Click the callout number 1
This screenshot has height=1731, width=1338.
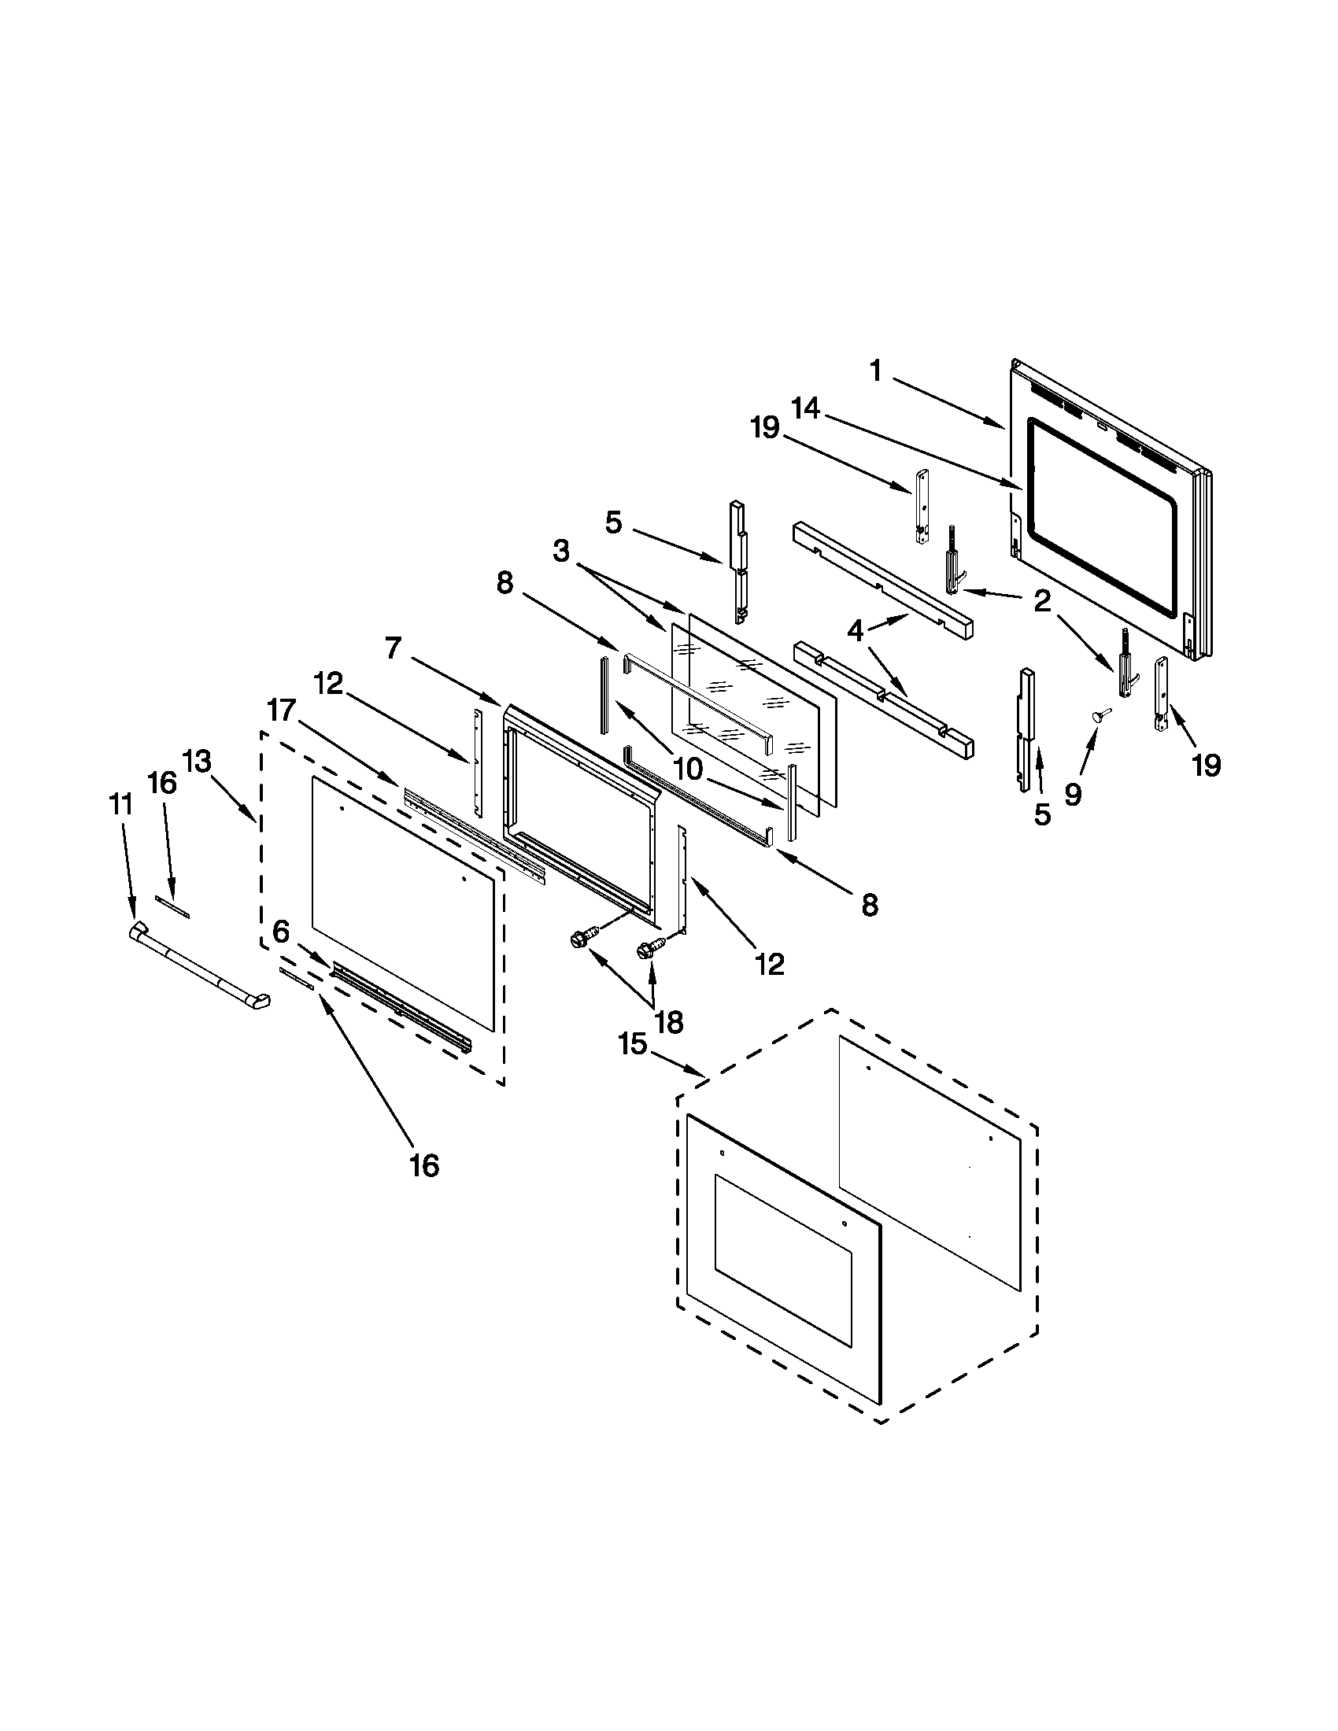click(x=875, y=371)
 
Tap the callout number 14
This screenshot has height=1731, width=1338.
click(x=805, y=409)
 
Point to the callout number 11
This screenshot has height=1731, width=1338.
click(x=120, y=804)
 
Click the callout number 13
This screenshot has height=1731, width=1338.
click(x=197, y=761)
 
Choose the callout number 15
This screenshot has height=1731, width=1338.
click(x=634, y=1044)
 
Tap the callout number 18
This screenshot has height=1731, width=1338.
click(x=670, y=1021)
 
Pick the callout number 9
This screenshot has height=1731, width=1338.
click(x=1073, y=793)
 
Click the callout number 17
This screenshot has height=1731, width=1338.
click(x=282, y=710)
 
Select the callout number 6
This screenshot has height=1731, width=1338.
click(x=281, y=932)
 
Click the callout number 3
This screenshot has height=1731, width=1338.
click(x=561, y=551)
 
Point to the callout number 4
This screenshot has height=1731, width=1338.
click(x=855, y=631)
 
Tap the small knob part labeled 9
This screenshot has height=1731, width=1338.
click(x=1100, y=715)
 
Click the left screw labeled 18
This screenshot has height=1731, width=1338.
click(x=579, y=941)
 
